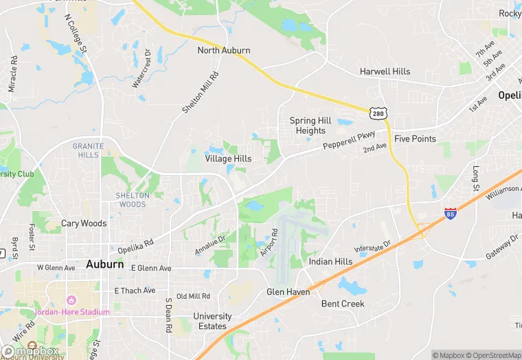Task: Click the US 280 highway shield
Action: [377, 113]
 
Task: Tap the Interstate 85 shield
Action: [451, 214]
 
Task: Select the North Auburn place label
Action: [224, 51]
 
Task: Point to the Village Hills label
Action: [228, 159]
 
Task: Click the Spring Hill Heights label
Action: [310, 126]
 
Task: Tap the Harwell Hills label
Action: [385, 72]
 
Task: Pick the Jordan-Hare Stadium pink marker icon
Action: [70, 300]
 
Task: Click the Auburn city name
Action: [105, 264]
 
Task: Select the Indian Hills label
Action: [330, 262]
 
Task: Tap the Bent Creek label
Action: [343, 304]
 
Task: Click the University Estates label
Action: [212, 322]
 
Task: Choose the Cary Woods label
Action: [84, 223]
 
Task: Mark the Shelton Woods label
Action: [132, 200]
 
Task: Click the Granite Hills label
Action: [89, 150]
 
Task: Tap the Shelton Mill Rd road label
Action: [200, 93]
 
